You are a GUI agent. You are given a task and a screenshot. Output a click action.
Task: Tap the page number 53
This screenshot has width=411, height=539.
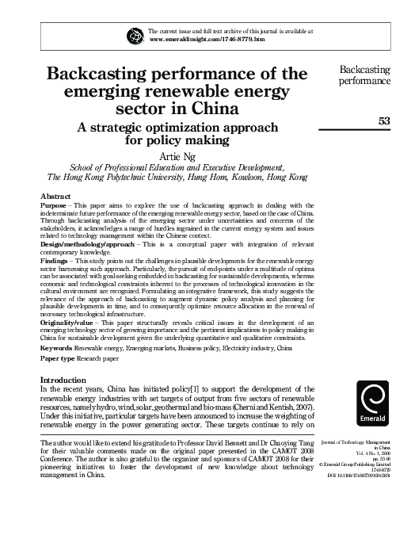(x=383, y=120)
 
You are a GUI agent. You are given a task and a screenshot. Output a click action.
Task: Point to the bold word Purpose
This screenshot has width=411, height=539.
(x=54, y=205)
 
